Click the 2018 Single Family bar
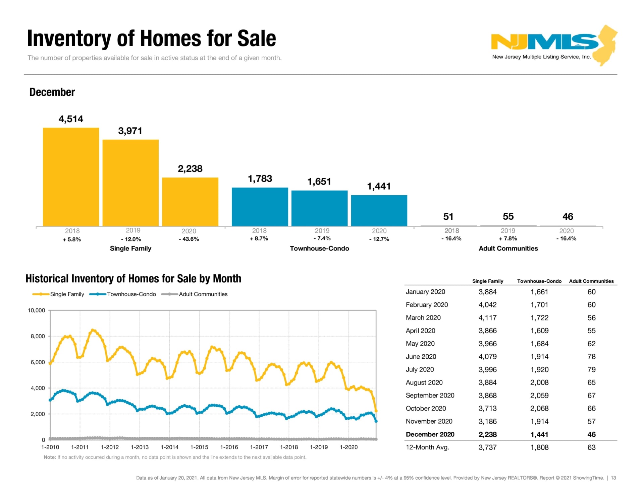tap(71, 177)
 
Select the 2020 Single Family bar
tap(190, 202)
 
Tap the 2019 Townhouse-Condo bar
tap(319, 208)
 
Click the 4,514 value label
tap(71, 119)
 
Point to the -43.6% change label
tap(189, 239)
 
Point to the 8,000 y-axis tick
tap(38, 336)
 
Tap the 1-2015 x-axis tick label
tap(199, 447)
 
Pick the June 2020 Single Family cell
tap(487, 357)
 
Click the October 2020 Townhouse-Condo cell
tap(539, 408)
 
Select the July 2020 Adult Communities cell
tap(591, 369)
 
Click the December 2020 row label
tap(430, 434)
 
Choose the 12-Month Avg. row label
tap(427, 447)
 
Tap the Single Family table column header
tap(488, 281)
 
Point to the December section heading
tap(52, 92)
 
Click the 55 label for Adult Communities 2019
tap(508, 216)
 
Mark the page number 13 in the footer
tap(613, 478)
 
